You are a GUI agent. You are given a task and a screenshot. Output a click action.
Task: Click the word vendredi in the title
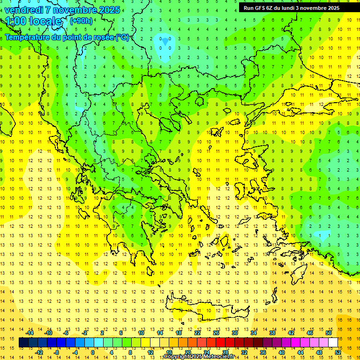coord(24,10)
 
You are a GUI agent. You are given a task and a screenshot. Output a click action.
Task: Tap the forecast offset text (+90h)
coord(81,21)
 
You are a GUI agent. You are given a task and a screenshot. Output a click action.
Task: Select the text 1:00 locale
coord(34,21)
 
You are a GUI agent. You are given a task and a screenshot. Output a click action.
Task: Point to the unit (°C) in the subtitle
coord(122,37)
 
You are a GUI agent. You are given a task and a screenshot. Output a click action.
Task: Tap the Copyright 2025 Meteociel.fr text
coord(199,357)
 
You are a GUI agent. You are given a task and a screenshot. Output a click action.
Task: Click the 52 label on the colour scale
coord(338,352)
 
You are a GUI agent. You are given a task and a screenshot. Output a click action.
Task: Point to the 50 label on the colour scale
coord(329,333)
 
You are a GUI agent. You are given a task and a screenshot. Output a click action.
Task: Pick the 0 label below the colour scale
coord(92,352)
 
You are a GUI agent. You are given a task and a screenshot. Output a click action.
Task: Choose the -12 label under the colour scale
coord(39,352)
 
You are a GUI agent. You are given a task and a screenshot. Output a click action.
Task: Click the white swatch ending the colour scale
coord(333,343)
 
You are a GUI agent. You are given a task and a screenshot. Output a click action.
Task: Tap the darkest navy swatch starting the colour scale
coord(23,343)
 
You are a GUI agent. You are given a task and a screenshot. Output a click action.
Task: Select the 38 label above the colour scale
coord(272,333)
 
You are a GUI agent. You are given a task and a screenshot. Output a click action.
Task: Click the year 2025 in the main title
coord(109,10)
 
